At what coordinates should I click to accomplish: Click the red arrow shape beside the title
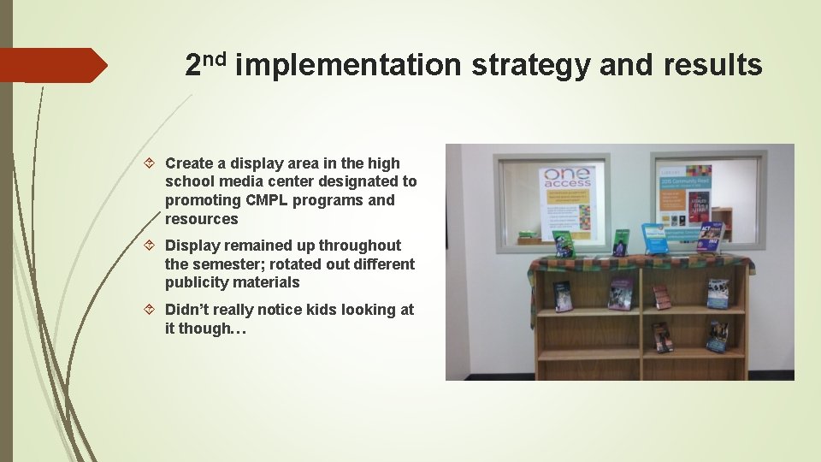point(51,65)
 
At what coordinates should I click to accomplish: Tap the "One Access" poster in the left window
point(566,201)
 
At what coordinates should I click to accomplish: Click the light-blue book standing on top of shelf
point(654,239)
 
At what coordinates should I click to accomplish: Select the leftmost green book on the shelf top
point(564,244)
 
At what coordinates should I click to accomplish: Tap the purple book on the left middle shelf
point(620,293)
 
